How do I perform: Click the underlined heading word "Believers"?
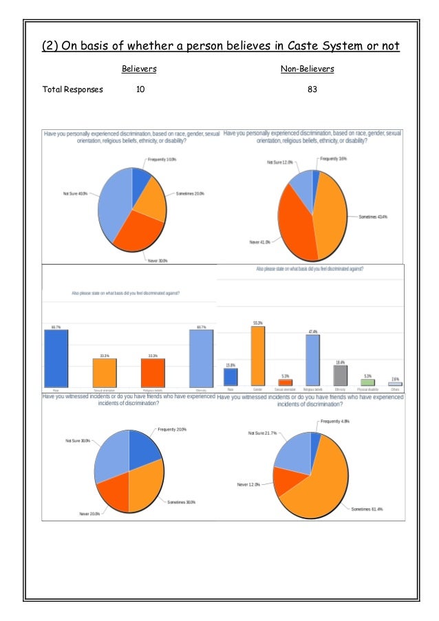click(x=139, y=69)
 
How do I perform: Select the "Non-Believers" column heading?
click(x=307, y=69)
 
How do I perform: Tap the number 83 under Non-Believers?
click(x=312, y=89)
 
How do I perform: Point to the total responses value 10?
click(x=141, y=89)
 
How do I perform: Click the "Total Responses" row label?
click(x=73, y=89)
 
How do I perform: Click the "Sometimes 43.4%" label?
click(x=374, y=217)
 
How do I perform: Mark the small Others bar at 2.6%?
click(x=395, y=384)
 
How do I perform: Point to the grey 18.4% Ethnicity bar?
click(x=340, y=375)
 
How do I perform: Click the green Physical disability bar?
click(x=367, y=382)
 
